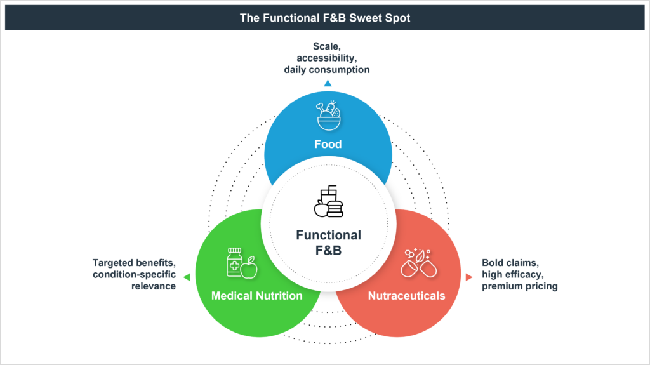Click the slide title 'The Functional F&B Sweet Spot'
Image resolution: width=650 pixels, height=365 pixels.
coord(324,18)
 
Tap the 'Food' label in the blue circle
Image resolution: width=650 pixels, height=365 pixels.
coord(328,144)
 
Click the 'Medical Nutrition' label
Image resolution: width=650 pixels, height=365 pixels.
coord(257,296)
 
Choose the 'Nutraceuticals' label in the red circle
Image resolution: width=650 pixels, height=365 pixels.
coord(406,296)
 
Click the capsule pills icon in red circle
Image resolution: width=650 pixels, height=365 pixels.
coord(419,263)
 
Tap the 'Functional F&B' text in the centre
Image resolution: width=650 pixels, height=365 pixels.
coord(328,242)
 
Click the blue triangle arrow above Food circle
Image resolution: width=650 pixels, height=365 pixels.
coord(328,83)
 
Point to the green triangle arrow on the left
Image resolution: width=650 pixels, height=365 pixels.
coord(186,277)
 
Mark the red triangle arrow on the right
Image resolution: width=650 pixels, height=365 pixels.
coord(469,277)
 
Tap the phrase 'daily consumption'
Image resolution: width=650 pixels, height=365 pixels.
coord(326,69)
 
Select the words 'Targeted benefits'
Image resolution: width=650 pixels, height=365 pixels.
coord(134,262)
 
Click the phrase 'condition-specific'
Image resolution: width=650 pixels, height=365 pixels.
coord(134,274)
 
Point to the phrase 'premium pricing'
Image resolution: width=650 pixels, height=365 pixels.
coord(519,286)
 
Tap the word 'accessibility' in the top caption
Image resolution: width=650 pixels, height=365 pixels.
coord(326,58)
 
